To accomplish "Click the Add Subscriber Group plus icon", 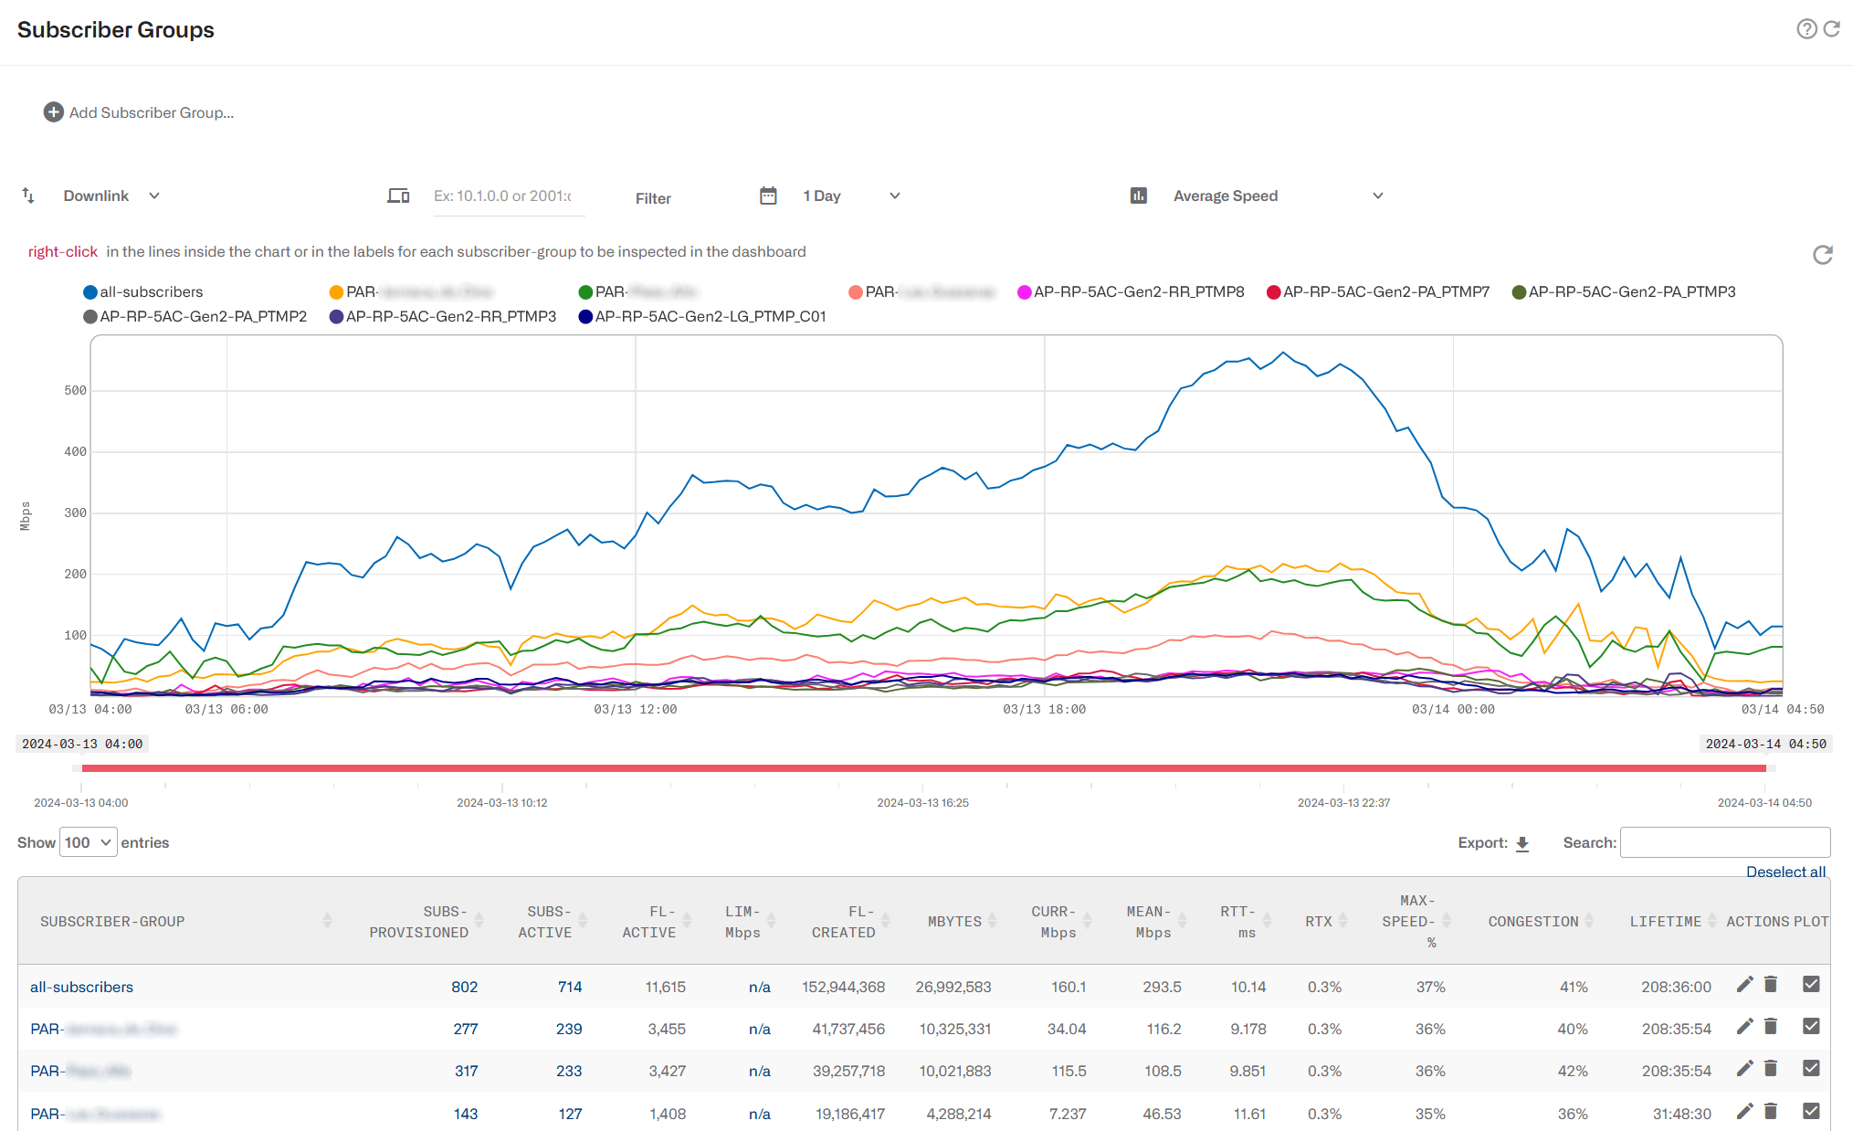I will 54,112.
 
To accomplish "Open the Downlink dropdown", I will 111,196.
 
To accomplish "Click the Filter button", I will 653,198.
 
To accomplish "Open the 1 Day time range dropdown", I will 850,196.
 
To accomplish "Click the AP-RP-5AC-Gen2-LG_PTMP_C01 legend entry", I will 702,317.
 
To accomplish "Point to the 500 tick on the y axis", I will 75,391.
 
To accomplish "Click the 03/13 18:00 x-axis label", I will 1044,709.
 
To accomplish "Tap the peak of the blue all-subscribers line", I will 1283,353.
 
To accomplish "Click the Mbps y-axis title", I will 26,516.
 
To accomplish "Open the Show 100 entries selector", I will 89,842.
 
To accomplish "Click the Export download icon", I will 1522,843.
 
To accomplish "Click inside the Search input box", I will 1724,842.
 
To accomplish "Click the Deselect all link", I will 1785,872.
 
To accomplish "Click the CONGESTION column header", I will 1533,922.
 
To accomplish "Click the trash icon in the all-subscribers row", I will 1771,985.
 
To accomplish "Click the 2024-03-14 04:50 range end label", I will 1765,744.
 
